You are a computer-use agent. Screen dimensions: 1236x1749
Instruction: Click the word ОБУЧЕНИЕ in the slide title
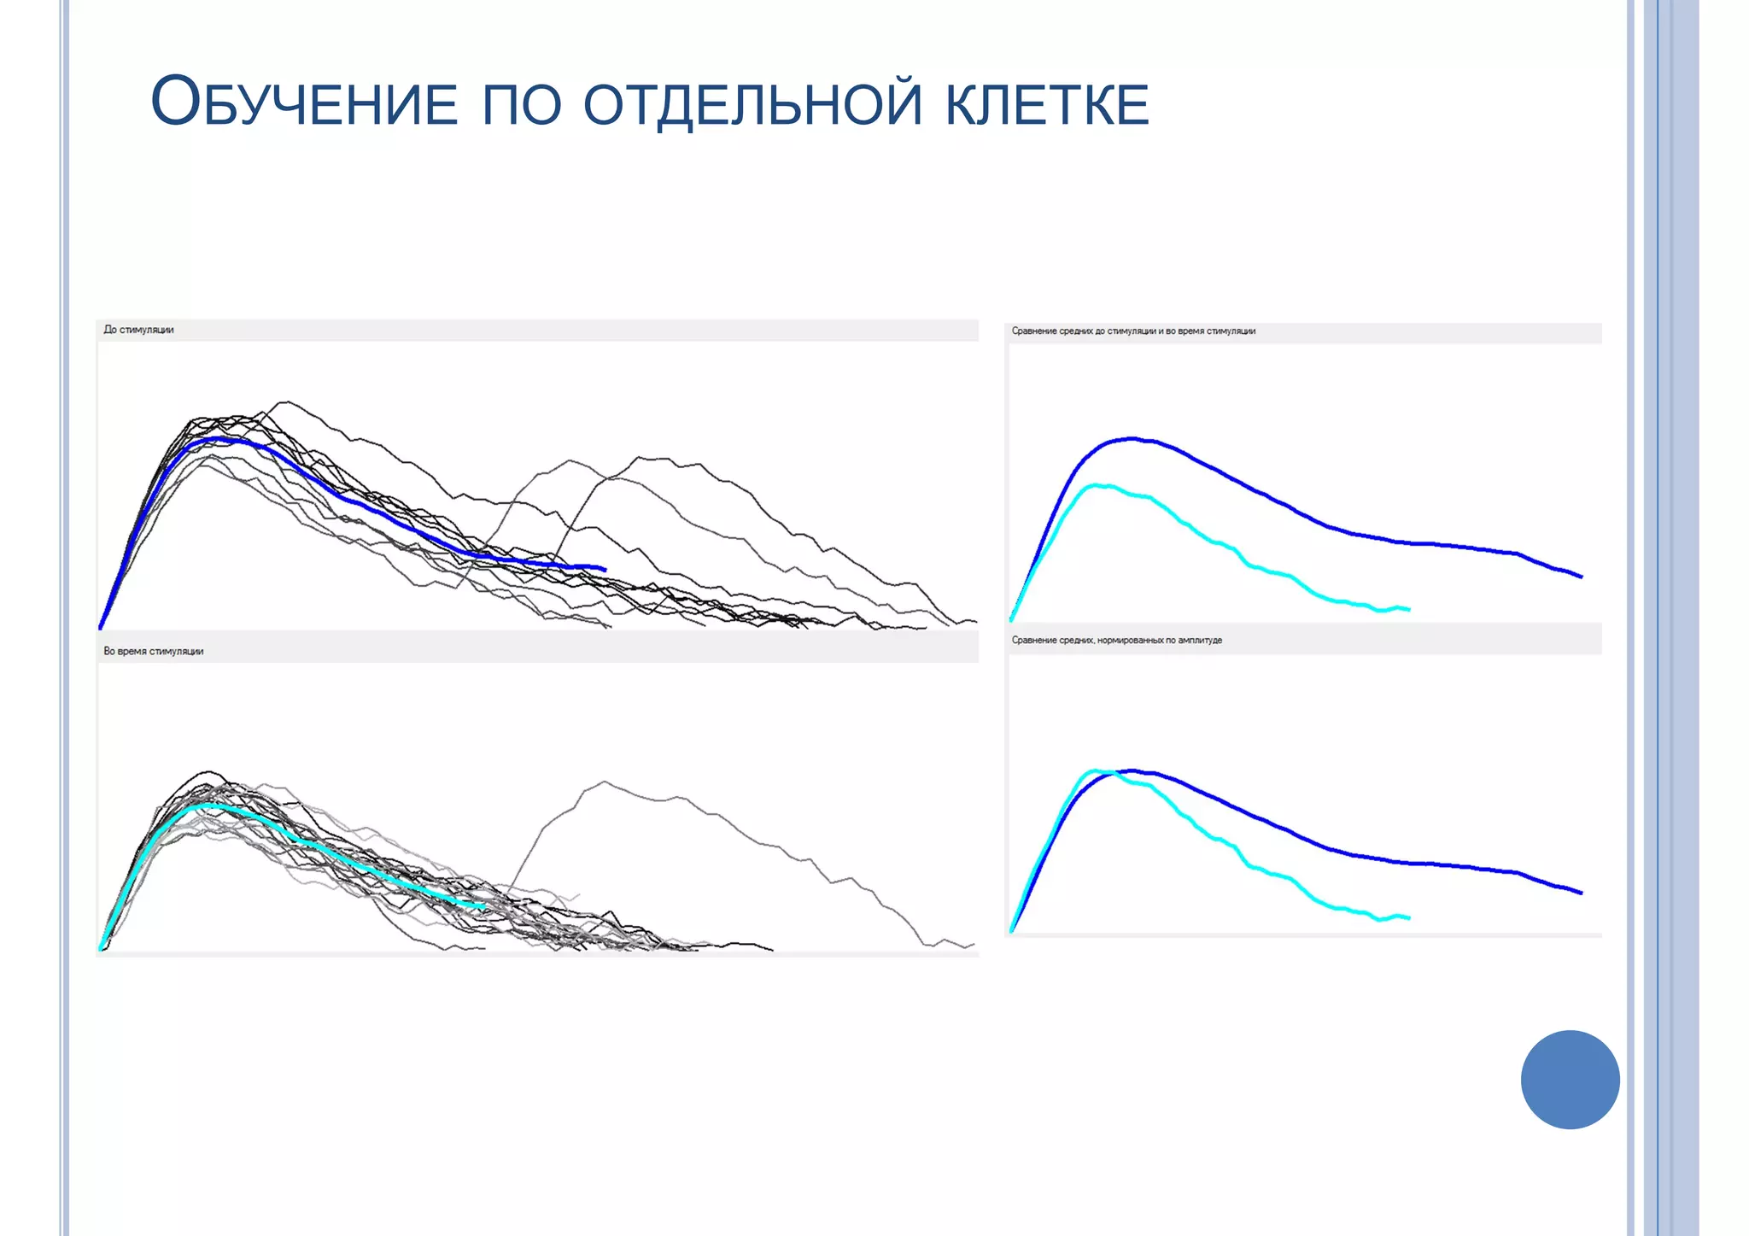click(304, 103)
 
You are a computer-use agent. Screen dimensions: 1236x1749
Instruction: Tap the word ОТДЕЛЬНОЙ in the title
click(752, 103)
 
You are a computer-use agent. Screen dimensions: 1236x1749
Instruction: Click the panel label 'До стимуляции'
click(138, 330)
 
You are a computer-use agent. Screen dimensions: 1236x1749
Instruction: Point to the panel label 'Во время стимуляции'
click(154, 651)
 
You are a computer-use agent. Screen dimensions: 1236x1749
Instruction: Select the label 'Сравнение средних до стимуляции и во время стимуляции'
click(1133, 331)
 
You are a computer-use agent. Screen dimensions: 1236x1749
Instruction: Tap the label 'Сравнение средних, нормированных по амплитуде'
click(1117, 641)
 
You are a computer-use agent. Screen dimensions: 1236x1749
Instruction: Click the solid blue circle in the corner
click(1570, 1080)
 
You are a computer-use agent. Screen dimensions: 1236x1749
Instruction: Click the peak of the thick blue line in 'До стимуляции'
click(220, 438)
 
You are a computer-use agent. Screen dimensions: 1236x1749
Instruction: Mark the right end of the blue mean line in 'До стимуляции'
click(605, 569)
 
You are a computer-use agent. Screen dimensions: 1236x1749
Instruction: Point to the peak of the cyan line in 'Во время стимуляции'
click(208, 805)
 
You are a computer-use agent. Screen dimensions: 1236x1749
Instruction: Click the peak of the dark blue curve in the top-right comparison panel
click(1132, 438)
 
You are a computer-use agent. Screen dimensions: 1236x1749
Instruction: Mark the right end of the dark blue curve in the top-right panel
click(1582, 577)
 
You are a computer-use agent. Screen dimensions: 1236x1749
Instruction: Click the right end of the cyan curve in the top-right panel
click(1408, 609)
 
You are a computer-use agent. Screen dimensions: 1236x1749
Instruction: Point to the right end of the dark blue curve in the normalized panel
click(1582, 893)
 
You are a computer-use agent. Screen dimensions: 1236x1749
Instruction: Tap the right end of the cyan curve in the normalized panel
click(1408, 918)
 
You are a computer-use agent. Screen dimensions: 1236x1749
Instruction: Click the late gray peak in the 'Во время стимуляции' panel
click(605, 782)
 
